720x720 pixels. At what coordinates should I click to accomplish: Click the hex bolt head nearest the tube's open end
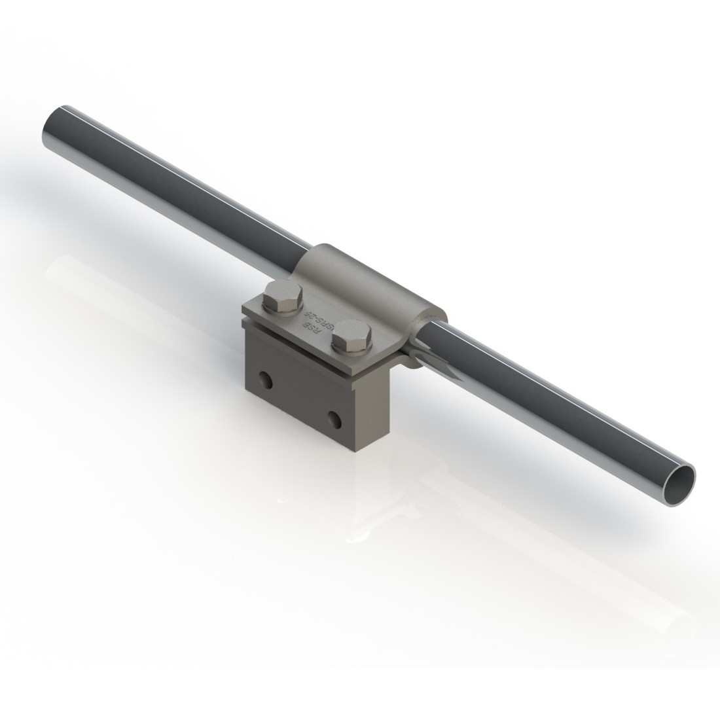click(352, 336)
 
